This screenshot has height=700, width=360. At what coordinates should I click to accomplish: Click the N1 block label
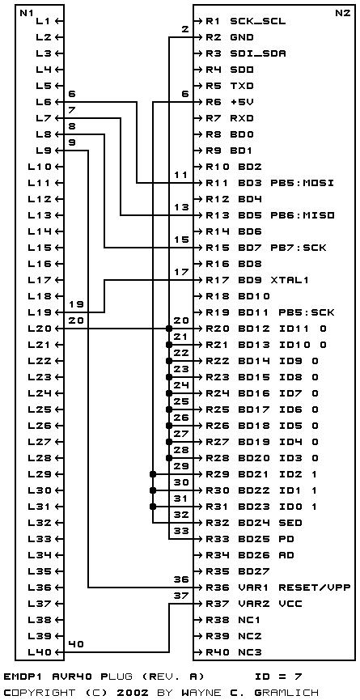(x=26, y=13)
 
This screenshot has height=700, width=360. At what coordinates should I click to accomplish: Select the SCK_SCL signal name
(x=258, y=21)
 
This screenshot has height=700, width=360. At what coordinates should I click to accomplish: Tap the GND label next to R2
(x=242, y=37)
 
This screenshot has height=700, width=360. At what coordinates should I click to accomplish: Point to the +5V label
(x=242, y=102)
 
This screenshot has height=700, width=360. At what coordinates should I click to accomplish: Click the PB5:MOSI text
(x=302, y=183)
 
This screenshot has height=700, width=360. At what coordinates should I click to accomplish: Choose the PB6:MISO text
(x=302, y=215)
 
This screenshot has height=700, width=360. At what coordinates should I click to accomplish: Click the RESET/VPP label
(x=314, y=588)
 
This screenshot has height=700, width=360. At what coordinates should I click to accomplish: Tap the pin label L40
(x=40, y=652)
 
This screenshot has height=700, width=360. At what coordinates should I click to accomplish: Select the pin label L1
(x=44, y=21)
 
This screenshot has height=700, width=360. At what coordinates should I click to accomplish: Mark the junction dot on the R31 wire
(x=153, y=507)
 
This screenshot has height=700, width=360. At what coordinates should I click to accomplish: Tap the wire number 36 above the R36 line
(x=180, y=579)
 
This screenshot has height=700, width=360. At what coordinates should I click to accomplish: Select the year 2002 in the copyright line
(x=132, y=693)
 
